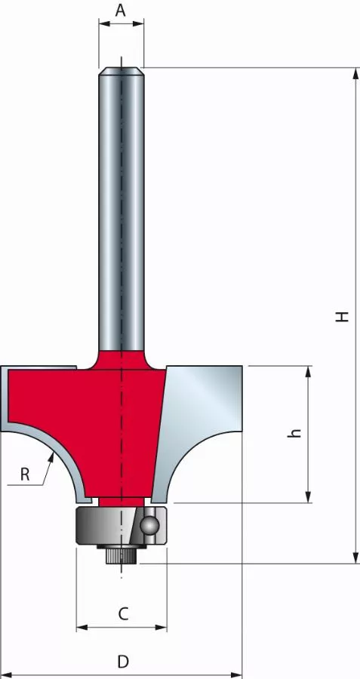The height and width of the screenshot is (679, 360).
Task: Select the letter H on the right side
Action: click(343, 316)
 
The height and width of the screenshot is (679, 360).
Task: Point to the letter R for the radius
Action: click(25, 475)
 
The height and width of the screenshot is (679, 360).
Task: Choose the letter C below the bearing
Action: click(123, 614)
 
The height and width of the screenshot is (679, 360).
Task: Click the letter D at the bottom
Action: click(122, 662)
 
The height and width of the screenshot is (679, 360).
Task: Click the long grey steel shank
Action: click(121, 211)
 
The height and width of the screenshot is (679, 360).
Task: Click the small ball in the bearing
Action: click(151, 524)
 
